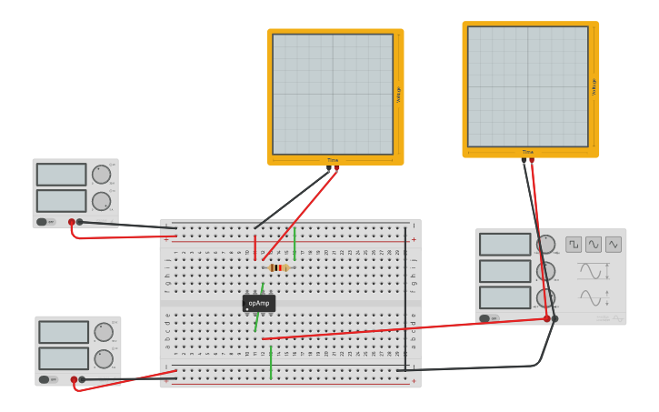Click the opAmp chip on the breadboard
click(259, 303)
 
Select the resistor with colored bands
click(278, 267)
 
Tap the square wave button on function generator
click(574, 244)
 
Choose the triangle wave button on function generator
click(614, 244)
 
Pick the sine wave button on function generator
click(594, 244)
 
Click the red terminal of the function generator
click(547, 318)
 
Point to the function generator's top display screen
click(504, 244)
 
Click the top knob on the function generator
click(545, 244)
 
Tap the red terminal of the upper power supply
click(72, 222)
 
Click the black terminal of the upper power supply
click(80, 222)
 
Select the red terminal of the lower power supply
click(75, 379)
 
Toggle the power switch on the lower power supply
click(44, 379)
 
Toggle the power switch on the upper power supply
click(41, 222)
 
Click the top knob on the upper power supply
click(101, 174)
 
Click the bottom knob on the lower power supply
click(104, 359)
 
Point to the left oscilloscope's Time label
click(333, 160)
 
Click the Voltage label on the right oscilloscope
click(594, 86)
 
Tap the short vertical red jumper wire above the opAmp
click(255, 247)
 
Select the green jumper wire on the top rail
click(295, 243)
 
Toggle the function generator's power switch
click(484, 318)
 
